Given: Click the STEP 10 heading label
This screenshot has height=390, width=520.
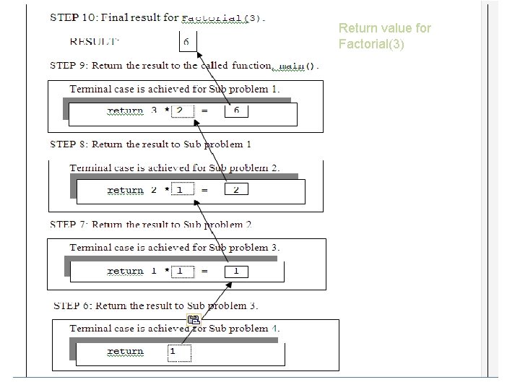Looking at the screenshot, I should click(x=69, y=17).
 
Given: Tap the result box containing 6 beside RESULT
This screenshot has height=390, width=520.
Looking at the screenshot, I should click(x=186, y=41).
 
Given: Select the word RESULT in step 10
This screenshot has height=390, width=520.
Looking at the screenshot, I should click(x=93, y=41).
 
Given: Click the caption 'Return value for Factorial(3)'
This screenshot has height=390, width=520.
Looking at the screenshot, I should click(x=384, y=36).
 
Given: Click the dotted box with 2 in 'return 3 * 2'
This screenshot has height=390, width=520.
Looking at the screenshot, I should click(x=183, y=110).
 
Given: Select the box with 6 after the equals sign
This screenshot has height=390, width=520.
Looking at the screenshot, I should click(x=236, y=110).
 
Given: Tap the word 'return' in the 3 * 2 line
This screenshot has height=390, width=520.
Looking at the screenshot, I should click(x=125, y=111).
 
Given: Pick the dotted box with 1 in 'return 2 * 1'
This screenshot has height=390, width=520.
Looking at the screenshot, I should click(x=183, y=190).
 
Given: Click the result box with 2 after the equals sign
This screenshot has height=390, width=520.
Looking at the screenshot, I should click(x=236, y=190).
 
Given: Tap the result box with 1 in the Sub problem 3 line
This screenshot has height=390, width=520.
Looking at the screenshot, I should click(x=236, y=272).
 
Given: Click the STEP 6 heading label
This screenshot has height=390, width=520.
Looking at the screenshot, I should click(x=71, y=305).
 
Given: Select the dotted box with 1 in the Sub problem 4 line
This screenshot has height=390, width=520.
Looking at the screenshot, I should click(x=180, y=352).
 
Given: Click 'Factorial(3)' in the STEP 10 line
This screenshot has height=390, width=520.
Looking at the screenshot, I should click(x=222, y=18).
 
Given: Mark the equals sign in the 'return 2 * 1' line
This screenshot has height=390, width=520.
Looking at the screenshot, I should click(x=204, y=190).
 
